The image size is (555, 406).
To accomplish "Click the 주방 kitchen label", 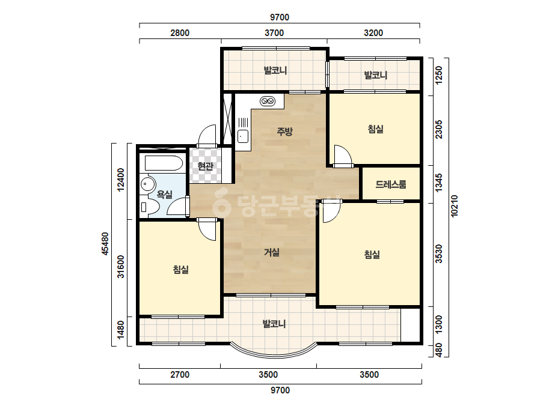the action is pyautogui.click(x=284, y=132).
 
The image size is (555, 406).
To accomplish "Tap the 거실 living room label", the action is pyautogui.click(x=272, y=252).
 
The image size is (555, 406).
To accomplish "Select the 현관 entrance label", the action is pyautogui.click(x=205, y=166).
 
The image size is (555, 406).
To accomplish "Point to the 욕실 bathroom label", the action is pyautogui.click(x=165, y=194).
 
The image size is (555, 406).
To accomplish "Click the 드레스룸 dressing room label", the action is pyautogui.click(x=391, y=184).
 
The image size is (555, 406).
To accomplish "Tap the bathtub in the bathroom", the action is pyautogui.click(x=164, y=163).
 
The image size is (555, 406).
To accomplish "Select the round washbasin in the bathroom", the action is pyautogui.click(x=147, y=184).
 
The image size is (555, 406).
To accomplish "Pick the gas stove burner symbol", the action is pyautogui.click(x=268, y=101).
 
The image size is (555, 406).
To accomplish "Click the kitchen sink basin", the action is pyautogui.click(x=243, y=136).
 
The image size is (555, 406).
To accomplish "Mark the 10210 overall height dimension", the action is pyautogui.click(x=455, y=206).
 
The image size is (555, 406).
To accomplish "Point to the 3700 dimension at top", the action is pyautogui.click(x=274, y=33).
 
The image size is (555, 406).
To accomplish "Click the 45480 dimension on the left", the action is pyautogui.click(x=105, y=244).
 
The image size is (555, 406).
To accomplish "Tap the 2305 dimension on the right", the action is pyautogui.click(x=439, y=130).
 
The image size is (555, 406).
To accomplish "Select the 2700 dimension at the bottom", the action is pyautogui.click(x=180, y=375).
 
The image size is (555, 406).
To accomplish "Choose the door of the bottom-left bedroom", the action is pyautogui.click(x=207, y=229).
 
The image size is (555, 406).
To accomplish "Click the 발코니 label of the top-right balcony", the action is pyautogui.click(x=376, y=75).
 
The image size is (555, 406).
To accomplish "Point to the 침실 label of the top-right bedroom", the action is pyautogui.click(x=376, y=129).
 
